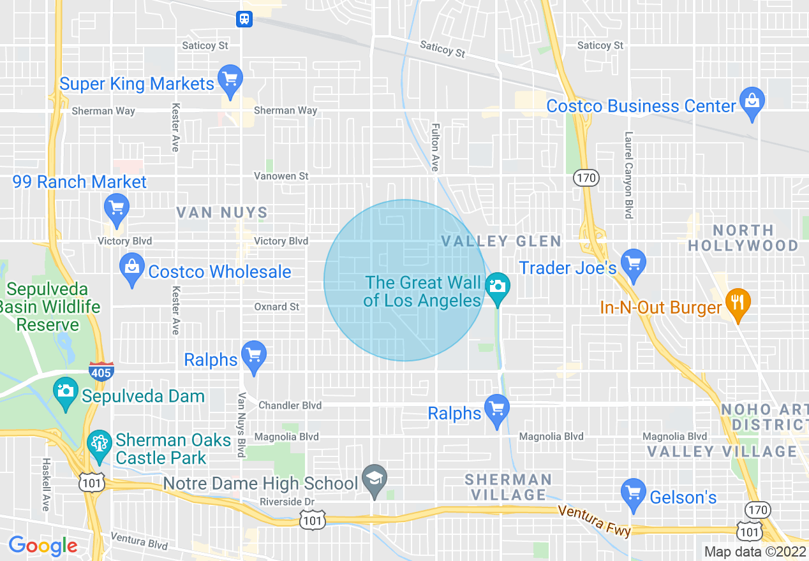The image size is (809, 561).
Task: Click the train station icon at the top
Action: [244, 19]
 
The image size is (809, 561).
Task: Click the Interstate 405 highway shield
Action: [101, 372]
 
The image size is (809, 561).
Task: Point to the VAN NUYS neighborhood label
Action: [222, 212]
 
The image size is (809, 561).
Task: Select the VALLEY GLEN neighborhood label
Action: [501, 242]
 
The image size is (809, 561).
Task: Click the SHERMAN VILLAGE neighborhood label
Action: [508, 487]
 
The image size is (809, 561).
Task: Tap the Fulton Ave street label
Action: [435, 147]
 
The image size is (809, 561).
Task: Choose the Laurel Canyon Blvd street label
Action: [629, 175]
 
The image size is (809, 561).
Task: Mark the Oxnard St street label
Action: [276, 307]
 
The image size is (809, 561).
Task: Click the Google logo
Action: [43, 546]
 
